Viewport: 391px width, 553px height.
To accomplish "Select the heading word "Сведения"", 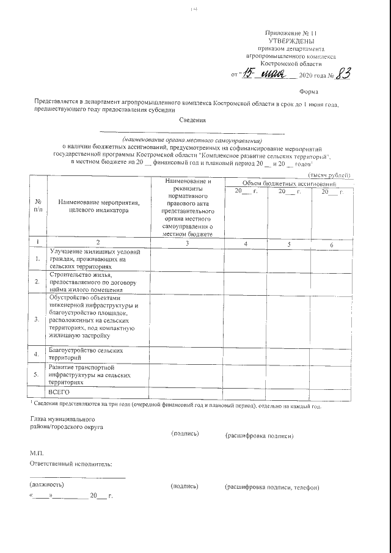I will coord(192,120).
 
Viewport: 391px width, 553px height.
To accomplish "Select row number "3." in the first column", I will coord(38,318).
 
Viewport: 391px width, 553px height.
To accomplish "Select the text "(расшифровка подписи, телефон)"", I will coord(272,487).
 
